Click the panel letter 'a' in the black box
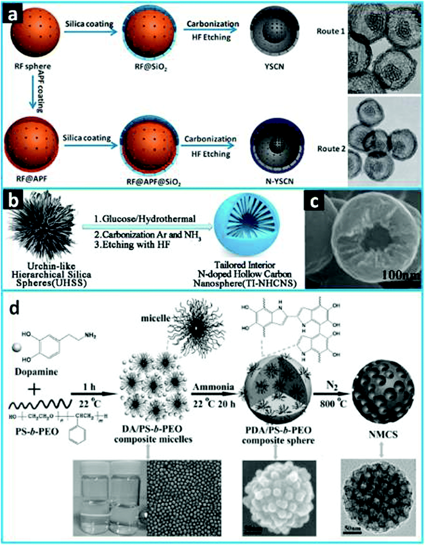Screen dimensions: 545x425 click(12, 14)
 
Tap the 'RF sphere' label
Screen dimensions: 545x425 click(33, 66)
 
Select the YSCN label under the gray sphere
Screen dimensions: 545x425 click(274, 66)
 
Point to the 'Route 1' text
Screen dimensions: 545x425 click(331, 31)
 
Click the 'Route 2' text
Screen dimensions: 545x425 click(331, 149)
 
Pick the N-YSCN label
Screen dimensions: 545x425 click(279, 181)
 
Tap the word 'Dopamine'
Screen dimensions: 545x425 click(36, 372)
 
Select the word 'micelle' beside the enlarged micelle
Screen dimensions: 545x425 click(155, 318)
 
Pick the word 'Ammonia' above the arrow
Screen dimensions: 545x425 click(213, 387)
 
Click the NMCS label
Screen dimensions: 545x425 click(383, 434)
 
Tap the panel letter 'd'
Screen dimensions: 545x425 click(14, 308)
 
